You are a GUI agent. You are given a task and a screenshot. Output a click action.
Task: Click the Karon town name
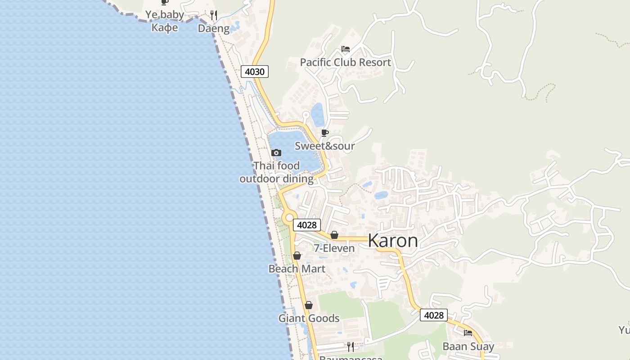tap(392, 241)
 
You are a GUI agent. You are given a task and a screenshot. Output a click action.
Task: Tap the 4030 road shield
tap(255, 72)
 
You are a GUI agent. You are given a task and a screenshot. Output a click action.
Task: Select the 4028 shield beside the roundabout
tap(307, 225)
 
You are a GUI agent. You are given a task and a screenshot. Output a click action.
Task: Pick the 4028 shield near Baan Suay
tap(434, 315)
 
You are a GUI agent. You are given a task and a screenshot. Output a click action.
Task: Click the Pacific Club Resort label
tap(345, 63)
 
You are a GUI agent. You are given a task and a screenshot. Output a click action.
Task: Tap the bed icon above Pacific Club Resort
tap(346, 49)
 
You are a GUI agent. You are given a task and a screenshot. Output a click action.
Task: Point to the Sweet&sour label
tap(324, 146)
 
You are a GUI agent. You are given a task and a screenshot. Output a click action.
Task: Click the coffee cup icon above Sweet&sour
tap(324, 133)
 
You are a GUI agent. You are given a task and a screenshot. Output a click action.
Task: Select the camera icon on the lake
tap(276, 153)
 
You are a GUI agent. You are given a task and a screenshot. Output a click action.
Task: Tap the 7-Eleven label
tap(334, 248)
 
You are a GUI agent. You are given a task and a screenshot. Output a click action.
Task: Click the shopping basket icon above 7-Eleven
tap(334, 235)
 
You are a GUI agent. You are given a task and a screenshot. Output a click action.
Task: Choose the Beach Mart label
tap(297, 269)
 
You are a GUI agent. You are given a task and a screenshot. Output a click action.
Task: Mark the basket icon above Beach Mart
tap(297, 256)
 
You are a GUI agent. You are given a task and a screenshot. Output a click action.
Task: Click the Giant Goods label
tap(309, 318)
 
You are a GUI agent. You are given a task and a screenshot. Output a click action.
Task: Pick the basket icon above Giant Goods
tap(309, 305)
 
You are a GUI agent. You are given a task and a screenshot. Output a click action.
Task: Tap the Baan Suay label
tap(468, 346)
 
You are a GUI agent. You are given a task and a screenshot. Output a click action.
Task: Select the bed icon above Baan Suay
tap(468, 333)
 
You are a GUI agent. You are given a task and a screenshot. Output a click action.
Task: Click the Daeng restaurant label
tap(214, 28)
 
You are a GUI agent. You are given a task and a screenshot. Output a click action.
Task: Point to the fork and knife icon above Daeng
tap(214, 16)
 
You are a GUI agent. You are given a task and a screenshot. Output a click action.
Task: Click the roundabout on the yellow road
tap(289, 218)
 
